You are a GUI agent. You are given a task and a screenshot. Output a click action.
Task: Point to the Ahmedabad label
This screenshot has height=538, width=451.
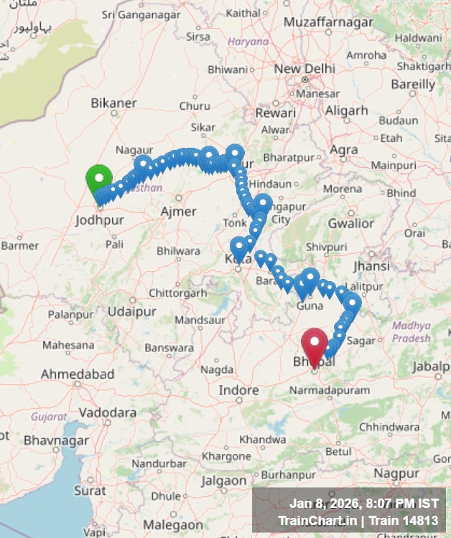(78, 374)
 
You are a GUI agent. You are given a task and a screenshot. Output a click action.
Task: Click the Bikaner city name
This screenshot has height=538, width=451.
(113, 103)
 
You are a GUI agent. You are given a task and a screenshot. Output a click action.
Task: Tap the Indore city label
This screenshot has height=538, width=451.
(238, 390)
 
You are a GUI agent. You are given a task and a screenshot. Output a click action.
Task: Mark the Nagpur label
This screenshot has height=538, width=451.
(398, 474)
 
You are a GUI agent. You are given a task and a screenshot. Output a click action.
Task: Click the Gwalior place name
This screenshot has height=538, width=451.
(351, 223)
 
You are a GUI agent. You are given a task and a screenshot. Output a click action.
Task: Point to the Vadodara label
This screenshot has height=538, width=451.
(108, 412)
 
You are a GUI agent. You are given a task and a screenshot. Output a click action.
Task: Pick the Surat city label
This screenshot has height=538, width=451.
(90, 491)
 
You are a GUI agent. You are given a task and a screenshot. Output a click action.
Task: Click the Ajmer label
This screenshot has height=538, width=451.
(178, 211)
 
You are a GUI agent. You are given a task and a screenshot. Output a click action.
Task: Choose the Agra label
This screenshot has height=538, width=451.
(344, 149)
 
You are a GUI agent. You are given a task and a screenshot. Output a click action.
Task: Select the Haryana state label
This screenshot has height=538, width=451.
(248, 42)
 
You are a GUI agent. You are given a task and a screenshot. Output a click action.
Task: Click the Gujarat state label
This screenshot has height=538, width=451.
(48, 416)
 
